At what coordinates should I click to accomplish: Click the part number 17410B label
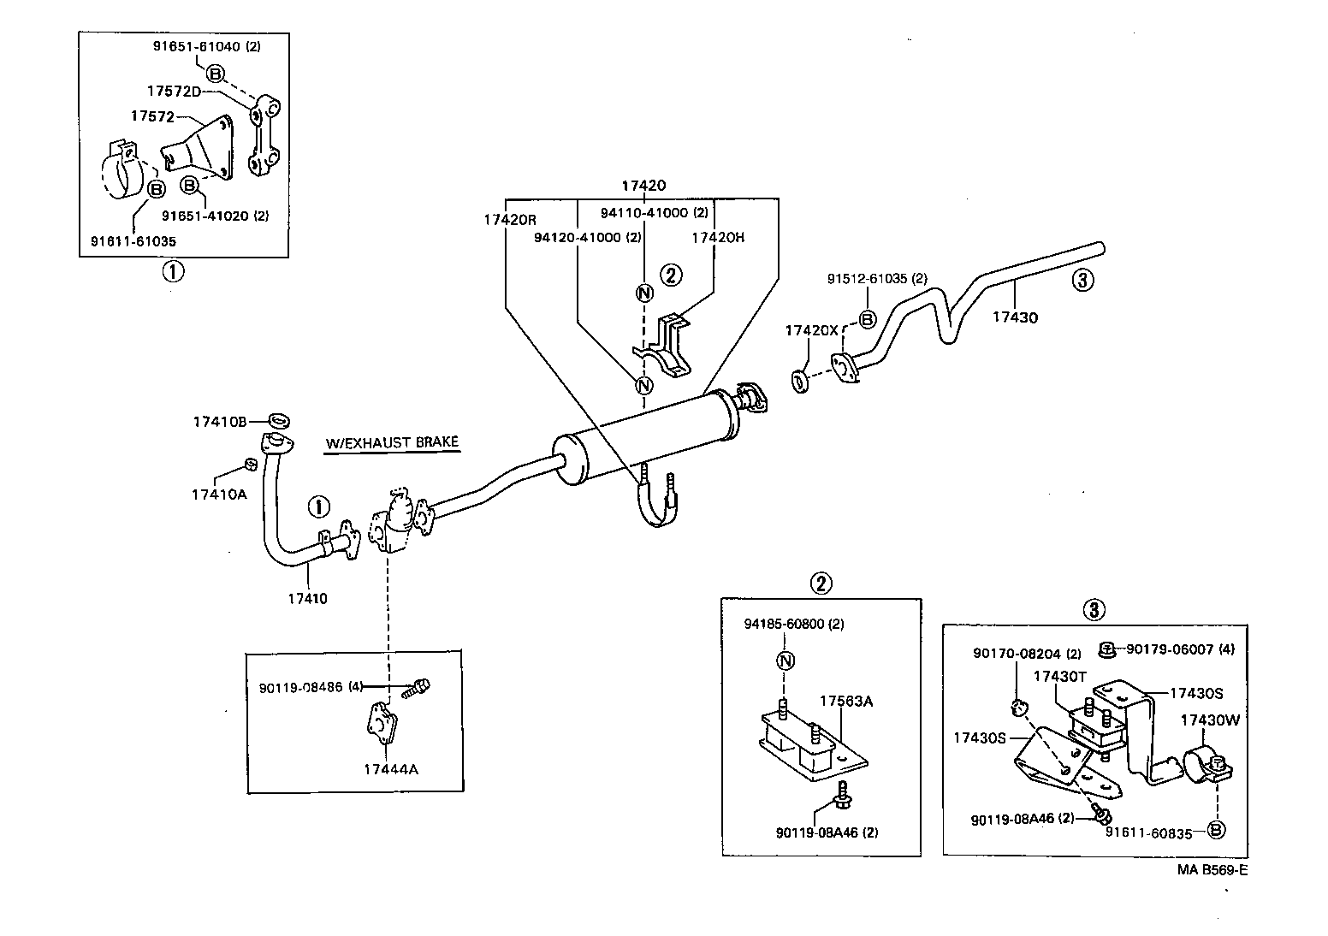click(219, 422)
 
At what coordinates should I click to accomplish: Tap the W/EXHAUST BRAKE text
click(392, 442)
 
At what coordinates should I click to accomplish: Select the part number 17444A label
click(390, 769)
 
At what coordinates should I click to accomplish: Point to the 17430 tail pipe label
click(1015, 317)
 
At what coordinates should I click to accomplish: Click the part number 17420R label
click(510, 219)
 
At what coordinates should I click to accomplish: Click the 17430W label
click(1209, 720)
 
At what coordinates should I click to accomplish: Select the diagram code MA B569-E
click(1212, 871)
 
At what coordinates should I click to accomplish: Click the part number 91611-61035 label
click(133, 241)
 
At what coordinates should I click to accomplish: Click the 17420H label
click(718, 237)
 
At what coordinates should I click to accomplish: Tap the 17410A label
click(218, 494)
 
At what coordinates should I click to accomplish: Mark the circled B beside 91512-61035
click(867, 319)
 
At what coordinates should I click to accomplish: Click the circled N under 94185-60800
click(786, 661)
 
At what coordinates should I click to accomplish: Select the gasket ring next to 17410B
click(279, 420)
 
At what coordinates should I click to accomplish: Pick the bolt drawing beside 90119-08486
click(418, 687)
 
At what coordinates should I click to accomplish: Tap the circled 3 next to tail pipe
click(1082, 280)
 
